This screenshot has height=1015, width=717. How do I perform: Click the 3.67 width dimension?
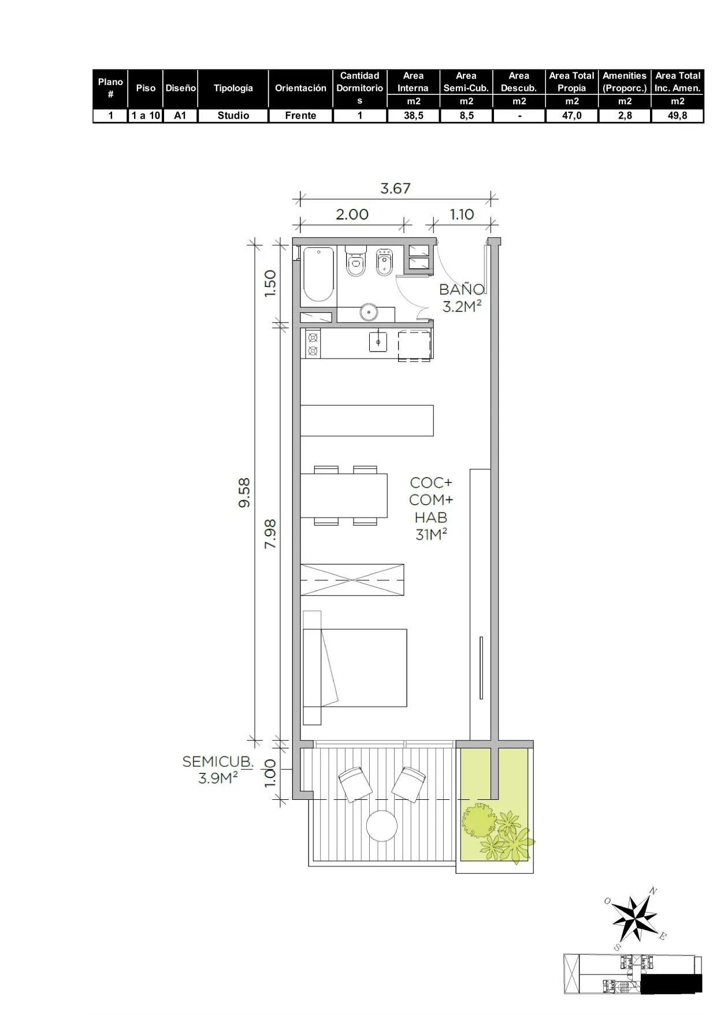[395, 189]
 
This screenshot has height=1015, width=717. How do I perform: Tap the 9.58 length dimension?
[244, 492]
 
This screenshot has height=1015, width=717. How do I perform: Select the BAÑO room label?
[462, 289]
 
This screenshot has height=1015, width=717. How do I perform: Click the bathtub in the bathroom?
[318, 275]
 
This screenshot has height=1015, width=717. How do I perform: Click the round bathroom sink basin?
[369, 312]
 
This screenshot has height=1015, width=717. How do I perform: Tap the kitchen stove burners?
[313, 344]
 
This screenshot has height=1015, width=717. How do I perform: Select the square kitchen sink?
[378, 342]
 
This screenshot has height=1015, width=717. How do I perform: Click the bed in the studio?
[355, 667]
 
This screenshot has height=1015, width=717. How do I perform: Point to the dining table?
[344, 495]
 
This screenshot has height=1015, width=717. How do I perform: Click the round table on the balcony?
[382, 826]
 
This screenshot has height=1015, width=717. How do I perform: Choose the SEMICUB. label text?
[218, 762]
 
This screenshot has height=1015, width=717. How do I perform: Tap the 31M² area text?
[431, 535]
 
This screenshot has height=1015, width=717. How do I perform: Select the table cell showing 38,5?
[413, 115]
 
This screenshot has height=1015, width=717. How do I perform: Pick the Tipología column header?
[233, 88]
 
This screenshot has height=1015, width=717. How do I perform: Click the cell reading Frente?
[300, 115]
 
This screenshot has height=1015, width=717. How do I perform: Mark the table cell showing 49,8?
[678, 115]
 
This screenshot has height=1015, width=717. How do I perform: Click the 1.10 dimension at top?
[462, 215]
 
